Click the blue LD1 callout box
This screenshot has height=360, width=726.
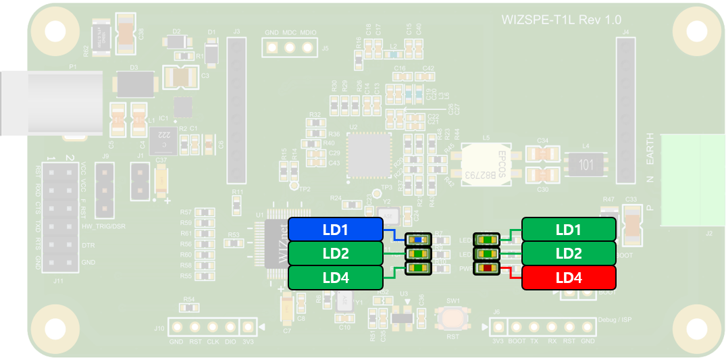(335, 230)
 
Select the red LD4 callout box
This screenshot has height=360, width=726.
(569, 278)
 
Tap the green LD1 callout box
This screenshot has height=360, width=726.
(569, 230)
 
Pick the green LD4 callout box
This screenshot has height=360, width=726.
(335, 278)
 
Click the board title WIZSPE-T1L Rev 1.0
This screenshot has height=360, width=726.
(561, 20)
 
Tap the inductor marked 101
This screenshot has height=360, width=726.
(585, 163)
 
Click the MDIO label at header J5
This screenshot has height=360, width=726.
(308, 32)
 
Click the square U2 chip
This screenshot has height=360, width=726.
(369, 155)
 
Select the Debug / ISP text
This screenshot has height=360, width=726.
(615, 319)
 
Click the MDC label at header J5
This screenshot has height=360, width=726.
(290, 32)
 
